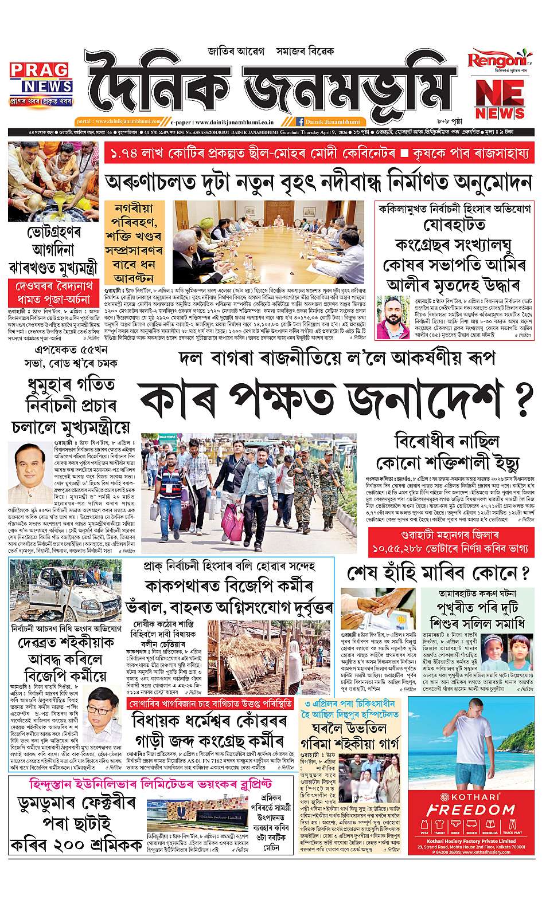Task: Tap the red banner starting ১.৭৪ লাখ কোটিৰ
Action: pos(318,154)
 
